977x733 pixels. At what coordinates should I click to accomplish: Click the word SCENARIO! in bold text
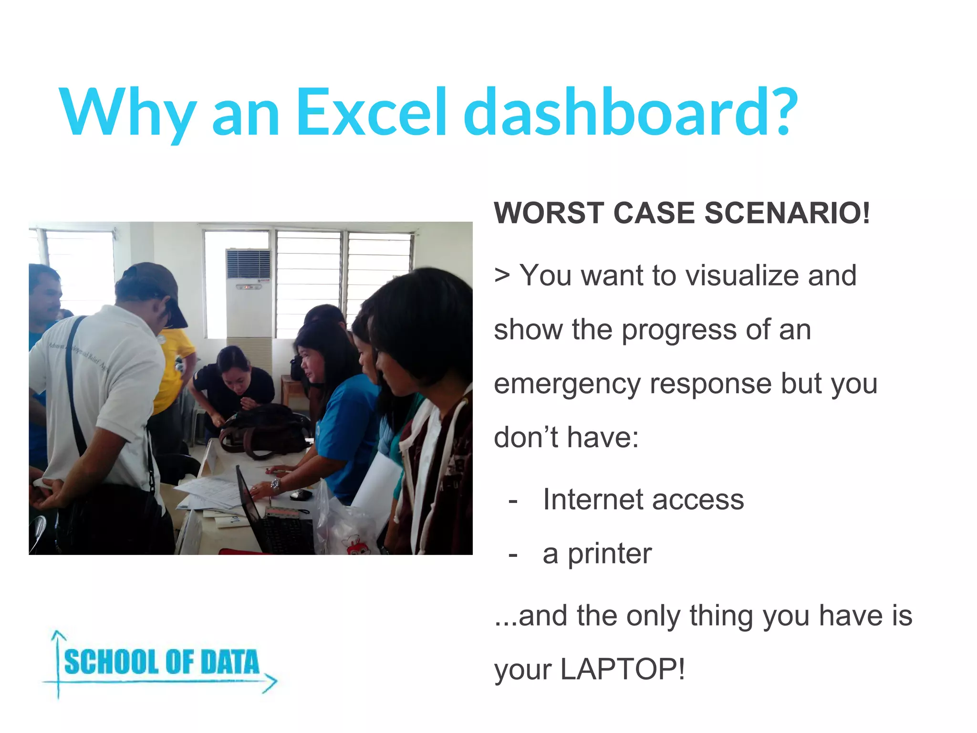coord(787,213)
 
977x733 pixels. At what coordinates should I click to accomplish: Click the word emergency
coord(567,385)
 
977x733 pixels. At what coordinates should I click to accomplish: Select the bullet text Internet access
coord(643,500)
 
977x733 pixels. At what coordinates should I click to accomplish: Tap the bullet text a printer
coord(597,554)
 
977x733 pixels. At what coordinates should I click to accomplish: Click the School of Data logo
coord(161,664)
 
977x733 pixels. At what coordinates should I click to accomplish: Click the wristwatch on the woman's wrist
coord(276,486)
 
